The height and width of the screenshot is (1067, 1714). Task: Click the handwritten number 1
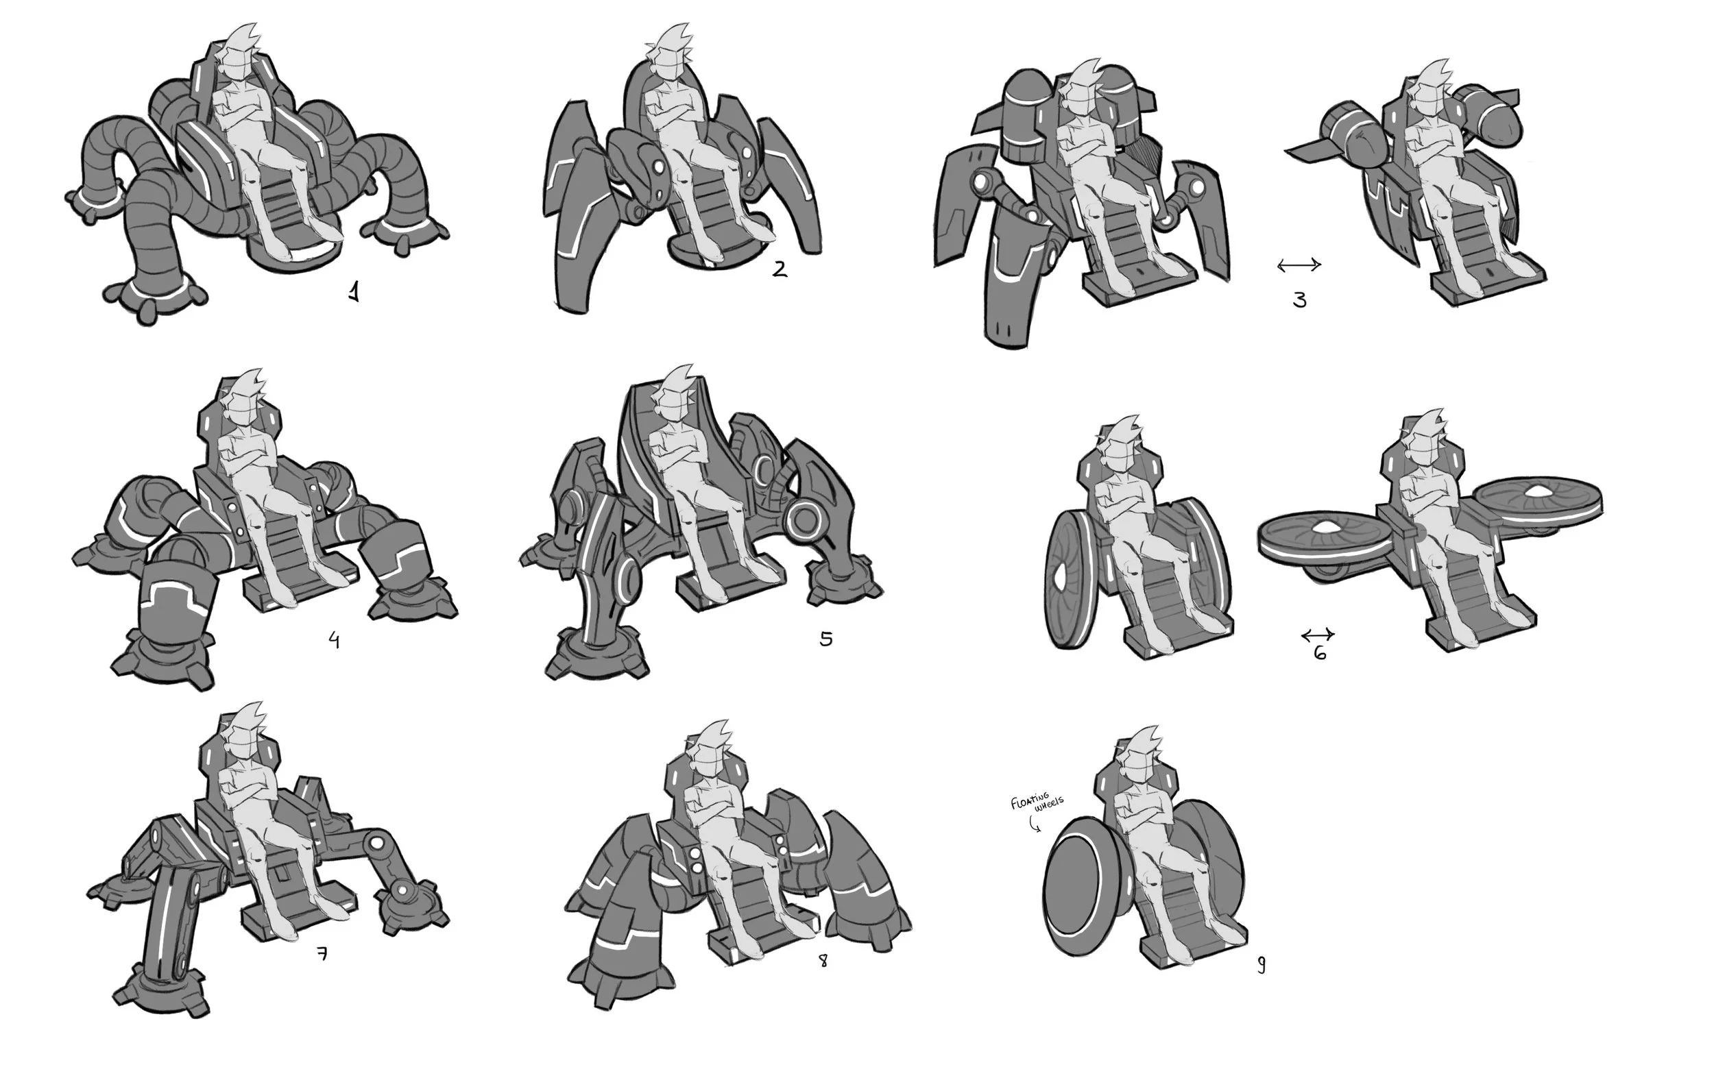point(354,291)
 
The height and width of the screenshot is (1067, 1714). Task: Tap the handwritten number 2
point(780,269)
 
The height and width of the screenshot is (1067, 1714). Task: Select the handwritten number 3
point(1300,301)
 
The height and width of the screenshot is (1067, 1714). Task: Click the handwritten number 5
point(826,639)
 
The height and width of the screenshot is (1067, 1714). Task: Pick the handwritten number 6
point(1320,653)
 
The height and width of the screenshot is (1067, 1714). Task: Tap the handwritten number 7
point(322,954)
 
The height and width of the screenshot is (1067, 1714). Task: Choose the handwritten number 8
point(823,961)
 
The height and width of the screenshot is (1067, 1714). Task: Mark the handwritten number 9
point(1261,965)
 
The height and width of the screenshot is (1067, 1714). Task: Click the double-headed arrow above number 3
point(1299,265)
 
